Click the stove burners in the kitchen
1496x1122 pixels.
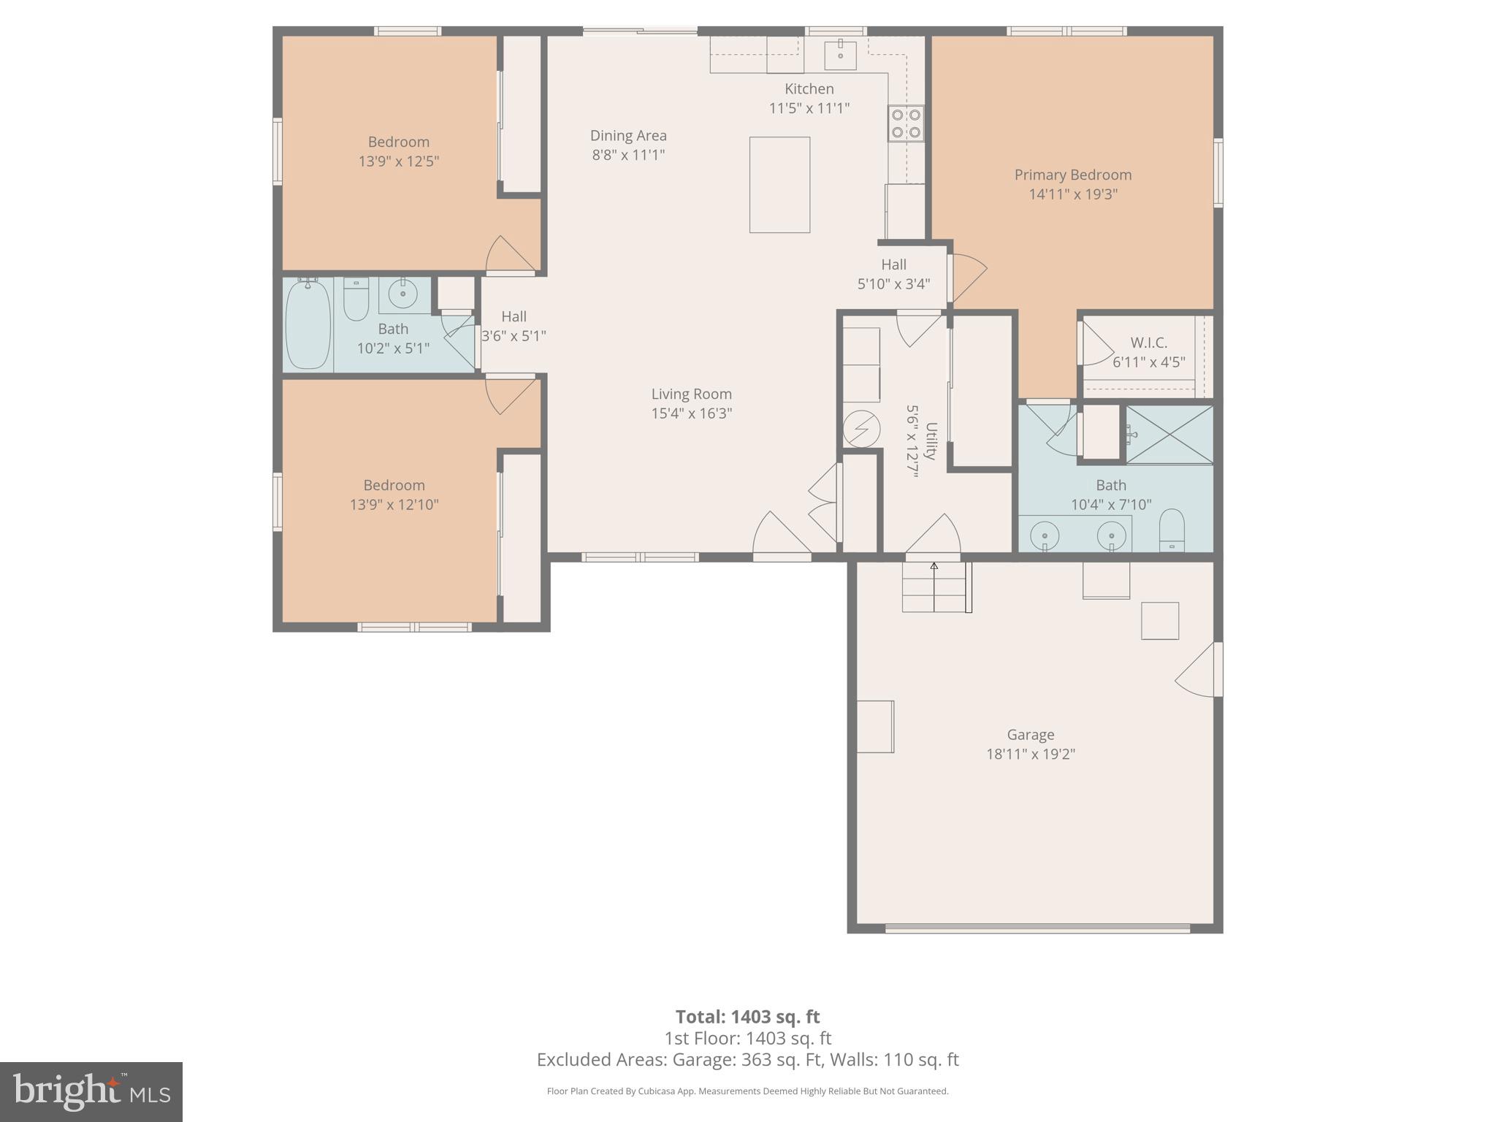(x=906, y=123)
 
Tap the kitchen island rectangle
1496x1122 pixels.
(x=779, y=185)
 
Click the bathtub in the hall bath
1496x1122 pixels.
(x=308, y=325)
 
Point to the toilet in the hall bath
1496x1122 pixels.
(x=356, y=299)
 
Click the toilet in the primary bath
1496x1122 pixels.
(x=1172, y=530)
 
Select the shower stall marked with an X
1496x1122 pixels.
(x=1169, y=434)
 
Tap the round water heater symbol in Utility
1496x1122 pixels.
(x=861, y=430)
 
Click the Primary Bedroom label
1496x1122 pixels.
(x=1072, y=175)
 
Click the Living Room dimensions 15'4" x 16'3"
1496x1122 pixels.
(x=691, y=413)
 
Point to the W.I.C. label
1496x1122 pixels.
(x=1148, y=343)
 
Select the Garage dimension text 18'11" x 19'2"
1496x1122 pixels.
(x=1030, y=754)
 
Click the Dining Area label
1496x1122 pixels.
(x=628, y=135)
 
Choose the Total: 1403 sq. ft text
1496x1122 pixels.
(x=747, y=1016)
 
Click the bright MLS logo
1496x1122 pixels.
(x=91, y=1091)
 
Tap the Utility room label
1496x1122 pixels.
(x=931, y=441)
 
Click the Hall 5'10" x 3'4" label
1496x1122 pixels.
(x=893, y=274)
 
